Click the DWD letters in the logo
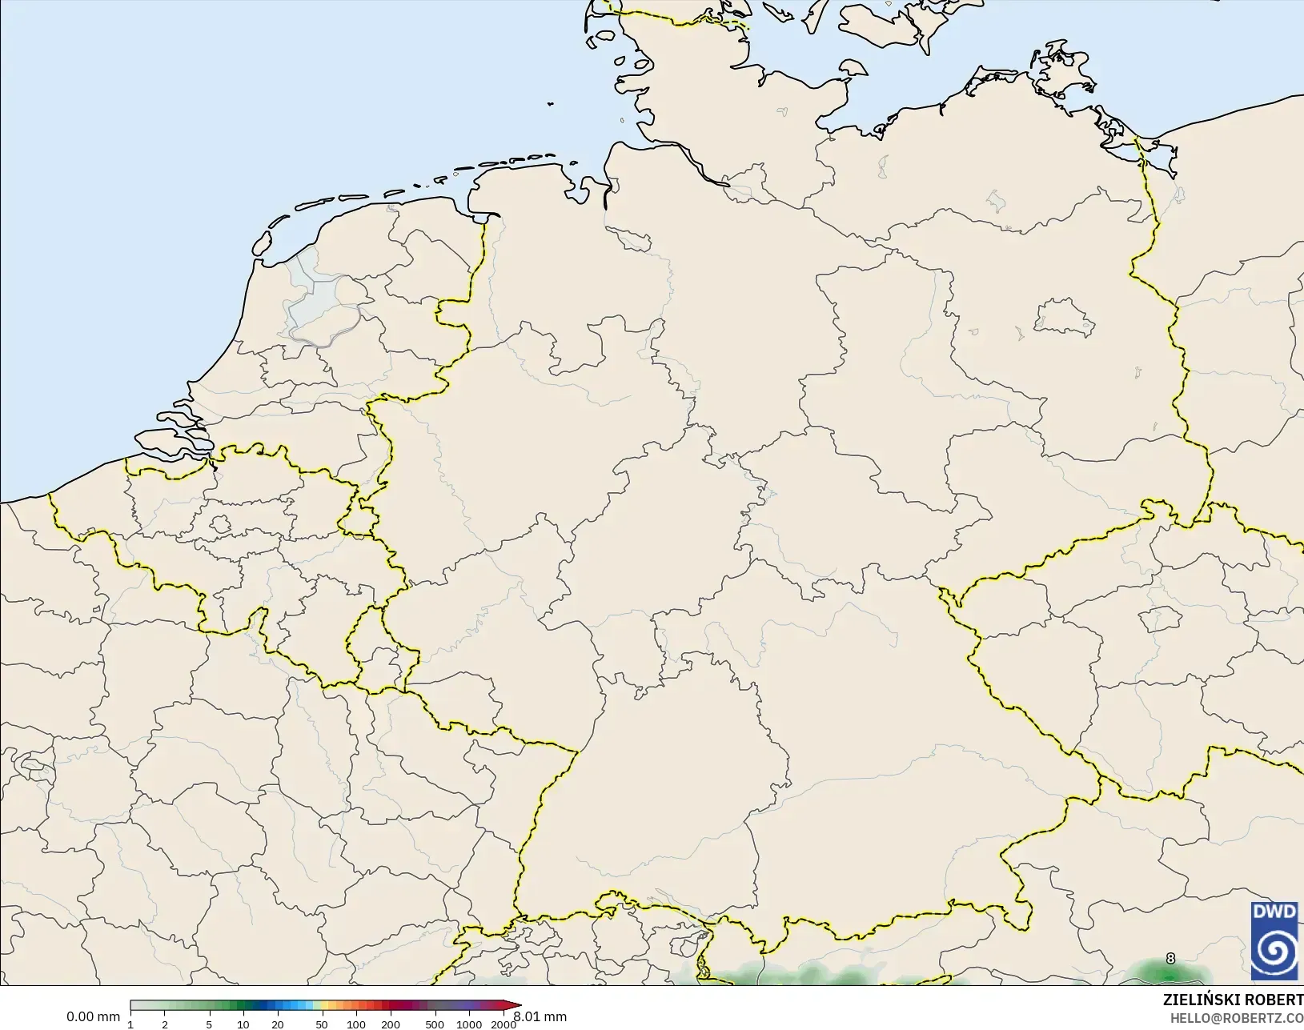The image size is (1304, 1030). pyautogui.click(x=1274, y=912)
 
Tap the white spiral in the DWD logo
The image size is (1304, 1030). pyautogui.click(x=1274, y=950)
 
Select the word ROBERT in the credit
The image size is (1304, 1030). pyautogui.click(x=1277, y=1000)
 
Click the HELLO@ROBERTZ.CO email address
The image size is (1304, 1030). pyautogui.click(x=1237, y=1018)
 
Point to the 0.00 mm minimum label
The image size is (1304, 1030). pyautogui.click(x=93, y=1016)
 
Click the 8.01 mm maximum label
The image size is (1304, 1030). pyautogui.click(x=540, y=1016)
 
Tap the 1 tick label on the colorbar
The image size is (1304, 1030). pyautogui.click(x=130, y=1024)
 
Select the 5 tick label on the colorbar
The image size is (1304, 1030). pyautogui.click(x=209, y=1024)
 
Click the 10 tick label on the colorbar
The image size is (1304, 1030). pyautogui.click(x=243, y=1024)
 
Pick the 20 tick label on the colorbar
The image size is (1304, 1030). pyautogui.click(x=278, y=1024)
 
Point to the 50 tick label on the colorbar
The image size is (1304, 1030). pyautogui.click(x=322, y=1024)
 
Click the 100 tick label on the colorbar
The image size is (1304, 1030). pyautogui.click(x=356, y=1024)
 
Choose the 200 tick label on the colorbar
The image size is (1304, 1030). pyautogui.click(x=391, y=1024)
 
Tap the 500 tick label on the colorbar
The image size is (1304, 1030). pyautogui.click(x=435, y=1024)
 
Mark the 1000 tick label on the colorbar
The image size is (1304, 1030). pyautogui.click(x=469, y=1024)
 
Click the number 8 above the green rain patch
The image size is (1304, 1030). pyautogui.click(x=1170, y=958)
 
